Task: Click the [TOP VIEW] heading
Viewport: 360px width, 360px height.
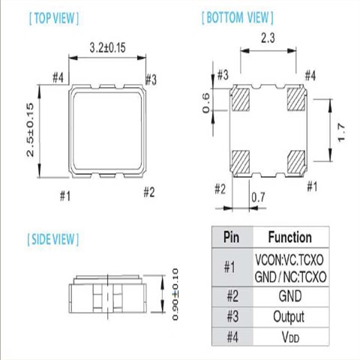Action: pyautogui.click(x=52, y=16)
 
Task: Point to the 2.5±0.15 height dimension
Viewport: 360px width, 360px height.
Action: pyautogui.click(x=30, y=132)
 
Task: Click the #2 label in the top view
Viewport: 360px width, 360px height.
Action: pyautogui.click(x=148, y=193)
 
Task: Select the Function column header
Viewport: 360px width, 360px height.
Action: pyautogui.click(x=289, y=237)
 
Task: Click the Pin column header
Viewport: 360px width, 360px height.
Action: pyautogui.click(x=232, y=237)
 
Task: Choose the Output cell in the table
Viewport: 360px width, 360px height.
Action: pyautogui.click(x=289, y=316)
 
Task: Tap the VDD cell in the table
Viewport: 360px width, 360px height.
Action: pyautogui.click(x=289, y=338)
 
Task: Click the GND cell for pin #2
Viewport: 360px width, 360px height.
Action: pyautogui.click(x=289, y=295)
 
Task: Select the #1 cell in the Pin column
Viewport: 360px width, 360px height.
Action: pyautogui.click(x=232, y=266)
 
